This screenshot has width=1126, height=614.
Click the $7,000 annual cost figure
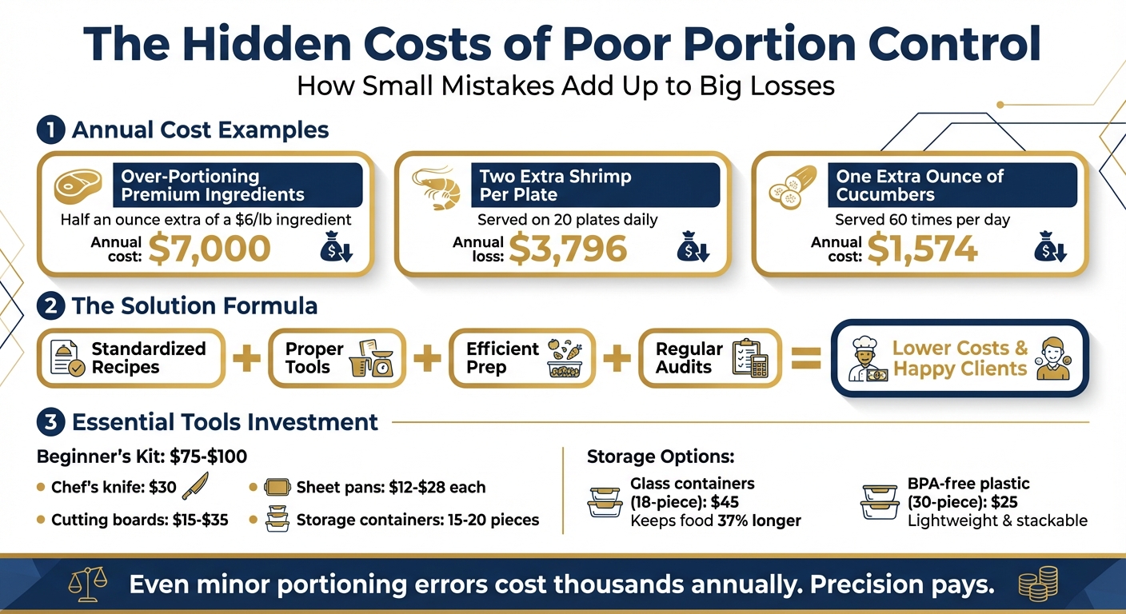pos(210,249)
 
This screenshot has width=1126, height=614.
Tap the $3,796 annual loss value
pos(567,249)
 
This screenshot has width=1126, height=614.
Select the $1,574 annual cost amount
pos(922,249)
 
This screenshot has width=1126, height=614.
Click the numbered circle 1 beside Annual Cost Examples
pos(50,130)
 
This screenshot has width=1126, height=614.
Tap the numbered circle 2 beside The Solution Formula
pos(50,306)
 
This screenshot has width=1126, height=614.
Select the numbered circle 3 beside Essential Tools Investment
pos(50,422)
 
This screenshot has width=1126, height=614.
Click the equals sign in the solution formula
pos(806,359)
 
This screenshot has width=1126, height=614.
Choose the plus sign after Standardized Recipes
pos(246,359)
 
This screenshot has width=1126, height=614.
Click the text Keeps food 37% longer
pos(716,521)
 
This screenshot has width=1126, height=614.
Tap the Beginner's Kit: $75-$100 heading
pos(142,457)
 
